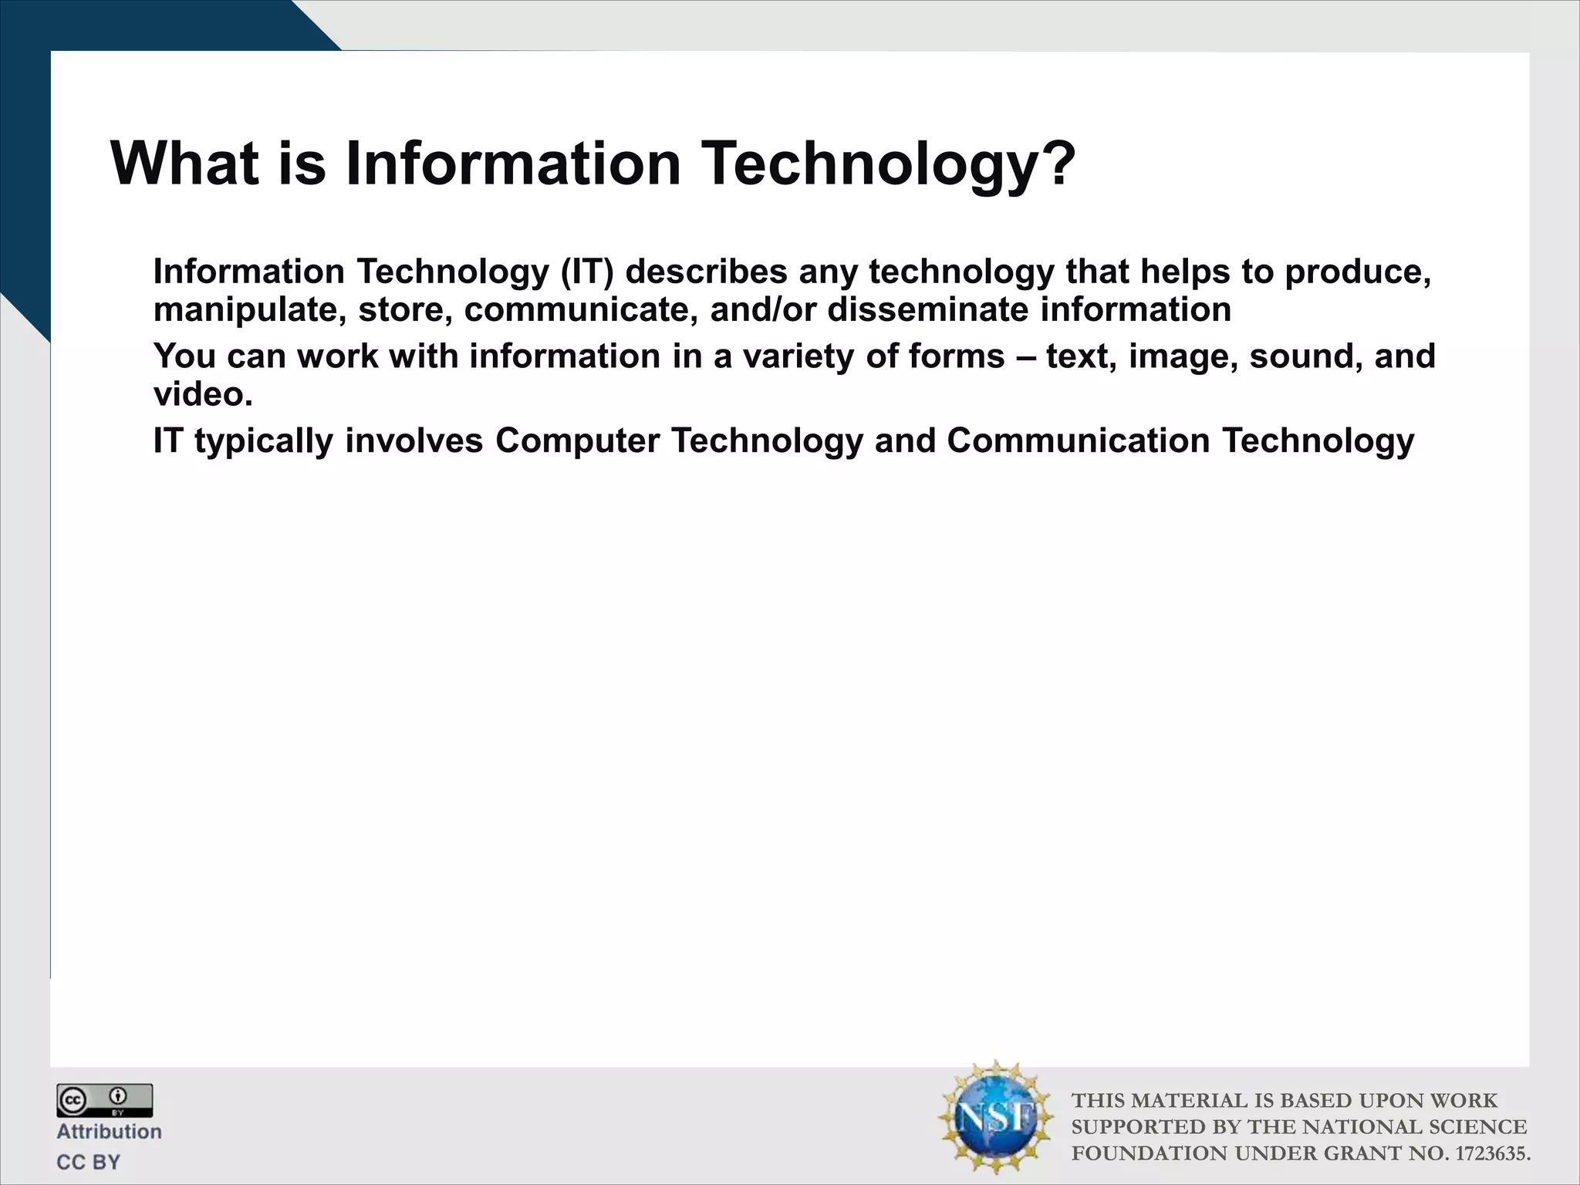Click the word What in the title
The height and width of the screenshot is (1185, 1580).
(184, 164)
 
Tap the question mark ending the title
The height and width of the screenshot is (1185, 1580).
(1056, 164)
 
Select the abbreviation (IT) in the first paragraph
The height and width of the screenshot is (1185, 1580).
(587, 272)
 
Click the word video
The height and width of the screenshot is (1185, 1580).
(202, 395)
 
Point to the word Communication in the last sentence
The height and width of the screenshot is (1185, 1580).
(1078, 441)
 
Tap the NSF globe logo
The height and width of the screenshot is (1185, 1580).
(995, 1117)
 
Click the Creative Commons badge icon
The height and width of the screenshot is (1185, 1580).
(104, 1100)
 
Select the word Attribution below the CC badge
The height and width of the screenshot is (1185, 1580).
(109, 1132)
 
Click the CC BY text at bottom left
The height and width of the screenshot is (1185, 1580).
(88, 1162)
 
